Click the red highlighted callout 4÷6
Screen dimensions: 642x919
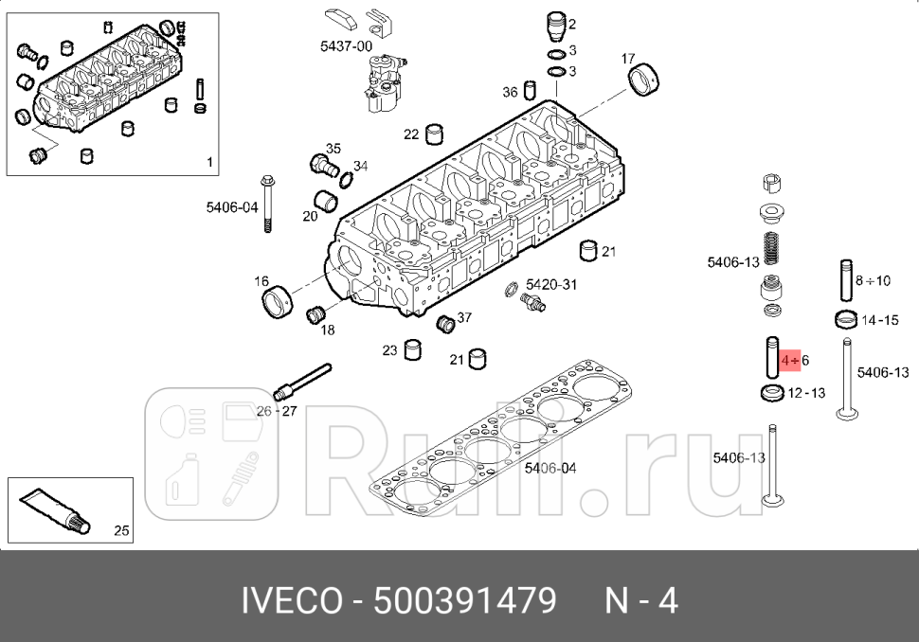click(x=794, y=361)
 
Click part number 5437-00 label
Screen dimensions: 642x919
click(x=346, y=45)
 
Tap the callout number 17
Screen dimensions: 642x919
click(x=628, y=59)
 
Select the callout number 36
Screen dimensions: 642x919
click(x=510, y=92)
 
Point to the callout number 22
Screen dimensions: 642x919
click(x=410, y=134)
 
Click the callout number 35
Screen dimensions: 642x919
click(x=333, y=149)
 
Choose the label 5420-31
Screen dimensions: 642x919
click(x=550, y=284)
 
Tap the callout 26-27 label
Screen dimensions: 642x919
click(x=277, y=411)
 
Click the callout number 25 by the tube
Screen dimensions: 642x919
click(x=121, y=530)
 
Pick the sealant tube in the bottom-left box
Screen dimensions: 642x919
click(x=56, y=508)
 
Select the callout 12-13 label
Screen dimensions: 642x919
click(x=806, y=393)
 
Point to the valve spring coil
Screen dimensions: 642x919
click(x=772, y=251)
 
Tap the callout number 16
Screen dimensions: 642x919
click(x=261, y=281)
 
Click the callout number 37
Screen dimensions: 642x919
click(x=464, y=318)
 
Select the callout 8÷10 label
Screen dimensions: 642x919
click(x=873, y=280)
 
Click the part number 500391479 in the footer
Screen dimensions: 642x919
click(x=464, y=601)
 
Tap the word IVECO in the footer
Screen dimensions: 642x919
click(x=290, y=601)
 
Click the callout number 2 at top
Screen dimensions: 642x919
click(x=572, y=24)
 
